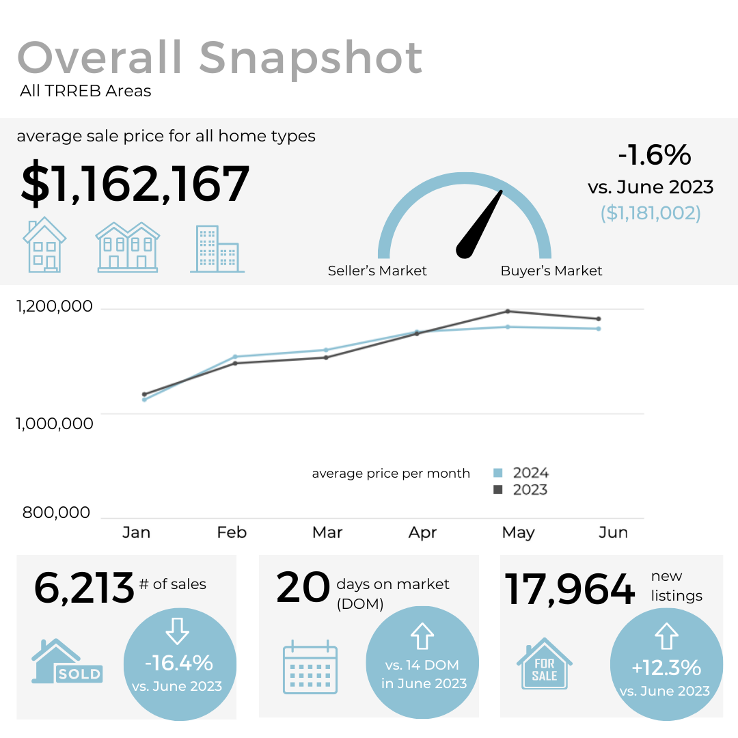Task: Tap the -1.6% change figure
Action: coord(654,156)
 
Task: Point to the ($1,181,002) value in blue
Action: coord(651,213)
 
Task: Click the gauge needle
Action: coord(480,225)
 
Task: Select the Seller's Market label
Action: coord(377,271)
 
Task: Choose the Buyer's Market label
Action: coord(551,271)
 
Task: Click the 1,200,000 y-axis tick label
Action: coord(54,307)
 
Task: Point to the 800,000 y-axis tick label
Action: coord(57,512)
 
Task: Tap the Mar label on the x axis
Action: coord(327,532)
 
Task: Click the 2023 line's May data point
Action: coord(507,312)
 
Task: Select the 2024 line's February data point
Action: coord(235,357)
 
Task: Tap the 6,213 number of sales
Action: coord(84,588)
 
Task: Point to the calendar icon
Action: coord(310,667)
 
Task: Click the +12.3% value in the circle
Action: coord(666,667)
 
